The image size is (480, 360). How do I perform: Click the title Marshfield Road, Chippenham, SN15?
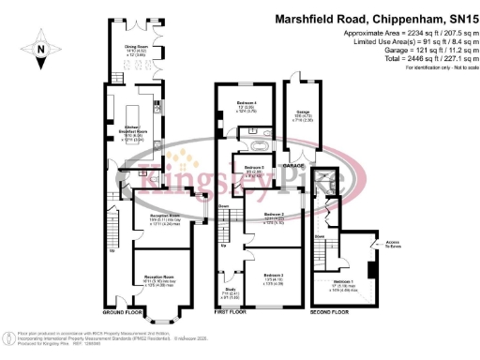click(374, 18)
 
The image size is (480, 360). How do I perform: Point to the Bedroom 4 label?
click(246, 101)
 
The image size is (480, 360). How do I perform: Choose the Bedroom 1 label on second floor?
click(345, 280)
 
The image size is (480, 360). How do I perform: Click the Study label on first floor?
click(231, 290)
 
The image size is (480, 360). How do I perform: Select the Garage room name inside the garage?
click(303, 112)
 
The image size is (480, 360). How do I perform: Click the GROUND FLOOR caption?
click(121, 310)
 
